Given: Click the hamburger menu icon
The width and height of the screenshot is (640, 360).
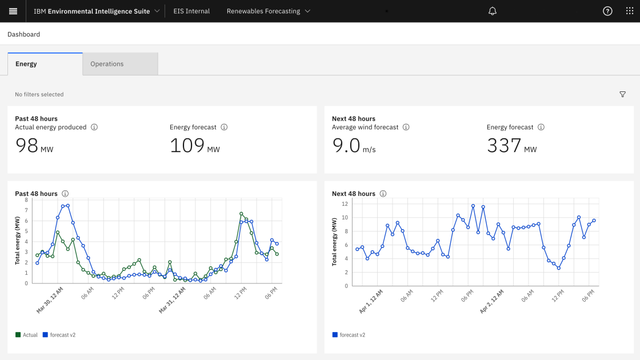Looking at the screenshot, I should click(x=13, y=11).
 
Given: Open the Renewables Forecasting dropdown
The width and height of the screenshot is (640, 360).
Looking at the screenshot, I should click(x=268, y=11).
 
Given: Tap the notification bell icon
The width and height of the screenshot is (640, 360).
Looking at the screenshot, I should click(x=493, y=11).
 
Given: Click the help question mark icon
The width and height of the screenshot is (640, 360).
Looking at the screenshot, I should click(x=607, y=11).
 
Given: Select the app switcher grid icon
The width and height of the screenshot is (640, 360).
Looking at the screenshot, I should click(x=630, y=11).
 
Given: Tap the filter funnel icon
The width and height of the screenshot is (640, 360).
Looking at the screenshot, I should click(x=623, y=94).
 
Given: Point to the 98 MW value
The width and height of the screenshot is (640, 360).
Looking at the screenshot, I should click(x=34, y=146).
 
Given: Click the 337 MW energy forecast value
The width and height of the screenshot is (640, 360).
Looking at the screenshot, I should click(x=511, y=146).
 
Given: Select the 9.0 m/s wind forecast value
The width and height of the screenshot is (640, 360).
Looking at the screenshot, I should click(x=354, y=146).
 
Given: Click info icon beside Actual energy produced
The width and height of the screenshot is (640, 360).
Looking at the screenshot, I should click(x=94, y=127).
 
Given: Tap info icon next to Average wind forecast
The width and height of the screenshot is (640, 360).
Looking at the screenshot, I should click(x=406, y=127).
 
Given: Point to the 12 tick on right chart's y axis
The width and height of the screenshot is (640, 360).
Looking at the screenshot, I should click(x=345, y=203).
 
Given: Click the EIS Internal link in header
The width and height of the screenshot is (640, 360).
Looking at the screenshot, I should click(x=191, y=11).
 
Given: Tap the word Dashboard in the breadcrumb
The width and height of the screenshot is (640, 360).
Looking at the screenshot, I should click(x=23, y=34).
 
